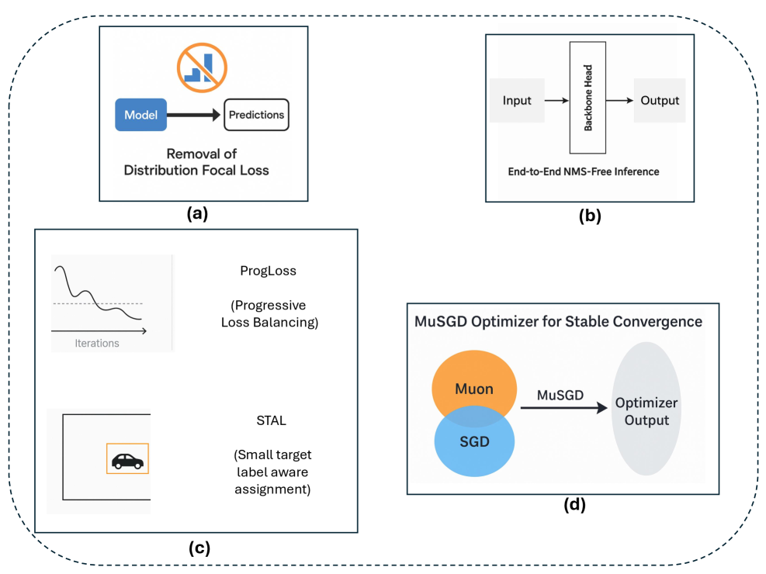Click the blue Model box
[140, 115]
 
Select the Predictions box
[256, 116]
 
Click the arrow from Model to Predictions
[194, 116]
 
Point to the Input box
[517, 100]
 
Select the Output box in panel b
[660, 100]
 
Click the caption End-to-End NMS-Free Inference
[582, 171]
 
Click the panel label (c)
[199, 548]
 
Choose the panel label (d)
[574, 506]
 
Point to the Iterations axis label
[97, 342]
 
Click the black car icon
[127, 460]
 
